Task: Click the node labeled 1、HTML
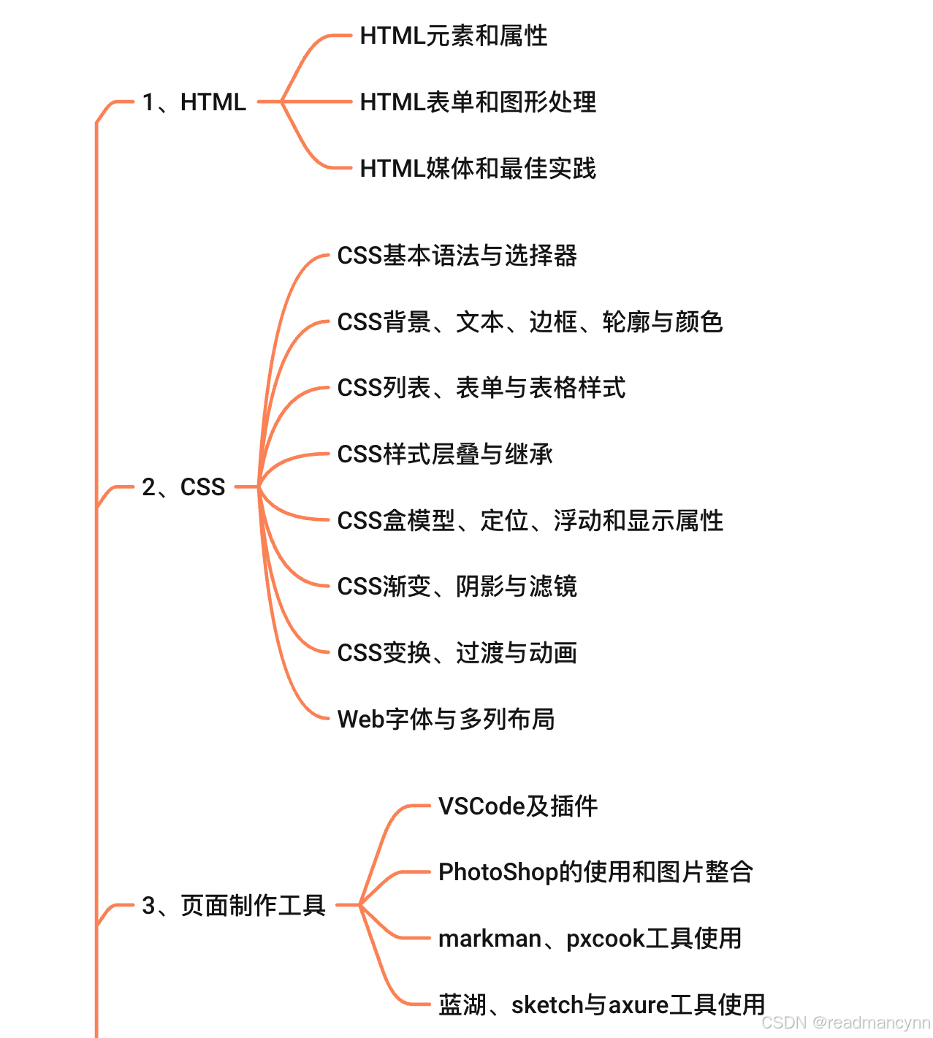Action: (194, 102)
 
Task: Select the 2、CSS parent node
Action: (183, 486)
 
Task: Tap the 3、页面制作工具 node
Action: (234, 906)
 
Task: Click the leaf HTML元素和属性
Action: (453, 36)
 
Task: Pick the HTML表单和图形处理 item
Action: (478, 102)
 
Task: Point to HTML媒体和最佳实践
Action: (478, 169)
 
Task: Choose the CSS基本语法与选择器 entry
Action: (457, 256)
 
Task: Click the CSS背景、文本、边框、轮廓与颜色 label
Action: (530, 322)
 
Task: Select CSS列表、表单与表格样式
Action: (481, 388)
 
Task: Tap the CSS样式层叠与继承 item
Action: (444, 454)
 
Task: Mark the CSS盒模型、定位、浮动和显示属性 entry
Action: (530, 521)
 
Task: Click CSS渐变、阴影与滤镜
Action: (457, 587)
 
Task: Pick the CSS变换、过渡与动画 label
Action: (457, 653)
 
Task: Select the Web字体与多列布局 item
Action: (446, 720)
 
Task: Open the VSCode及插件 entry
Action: (517, 806)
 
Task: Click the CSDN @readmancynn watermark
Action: (845, 1023)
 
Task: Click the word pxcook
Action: (606, 939)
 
